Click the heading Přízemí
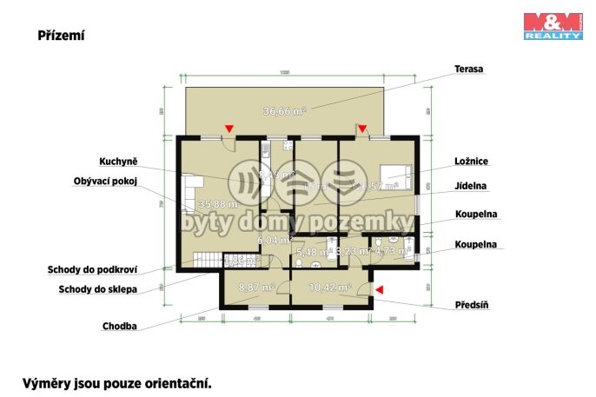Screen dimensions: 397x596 point(60,36)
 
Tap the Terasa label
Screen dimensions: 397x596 point(470,68)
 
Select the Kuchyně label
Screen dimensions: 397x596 point(119,162)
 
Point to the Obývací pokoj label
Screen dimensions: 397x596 point(107,181)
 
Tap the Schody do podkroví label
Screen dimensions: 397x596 point(92,269)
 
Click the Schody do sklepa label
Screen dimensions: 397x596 point(97,289)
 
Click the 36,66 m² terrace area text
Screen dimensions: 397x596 point(285,110)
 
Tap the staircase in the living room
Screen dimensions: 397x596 point(204,258)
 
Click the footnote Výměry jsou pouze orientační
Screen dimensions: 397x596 point(116,382)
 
